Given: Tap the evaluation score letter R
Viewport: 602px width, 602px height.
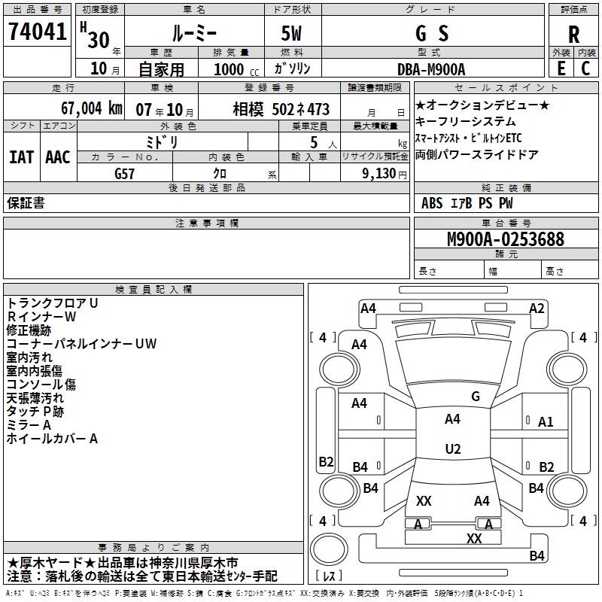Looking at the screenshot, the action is [574, 34].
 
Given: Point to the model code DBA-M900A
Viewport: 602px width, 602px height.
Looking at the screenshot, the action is [431, 68].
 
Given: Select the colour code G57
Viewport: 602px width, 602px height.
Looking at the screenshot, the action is [126, 172].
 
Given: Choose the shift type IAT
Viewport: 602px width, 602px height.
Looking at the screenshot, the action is [21, 157].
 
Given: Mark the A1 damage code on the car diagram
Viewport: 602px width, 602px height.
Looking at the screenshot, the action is [546, 422].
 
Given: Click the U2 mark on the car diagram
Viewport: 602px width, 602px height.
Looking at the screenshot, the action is [452, 449].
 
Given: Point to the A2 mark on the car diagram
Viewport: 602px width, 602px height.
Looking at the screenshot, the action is [536, 308].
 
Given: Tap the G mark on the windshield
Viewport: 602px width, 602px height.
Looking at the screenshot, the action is [475, 396].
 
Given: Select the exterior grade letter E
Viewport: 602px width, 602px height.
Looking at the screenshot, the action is [561, 68].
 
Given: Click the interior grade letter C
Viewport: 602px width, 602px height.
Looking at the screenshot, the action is [585, 68].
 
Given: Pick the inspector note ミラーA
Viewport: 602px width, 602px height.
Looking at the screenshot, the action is [29, 425].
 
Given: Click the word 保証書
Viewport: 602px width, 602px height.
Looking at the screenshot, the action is [26, 203].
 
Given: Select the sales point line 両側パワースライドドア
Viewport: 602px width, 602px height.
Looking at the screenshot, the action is [476, 155].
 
